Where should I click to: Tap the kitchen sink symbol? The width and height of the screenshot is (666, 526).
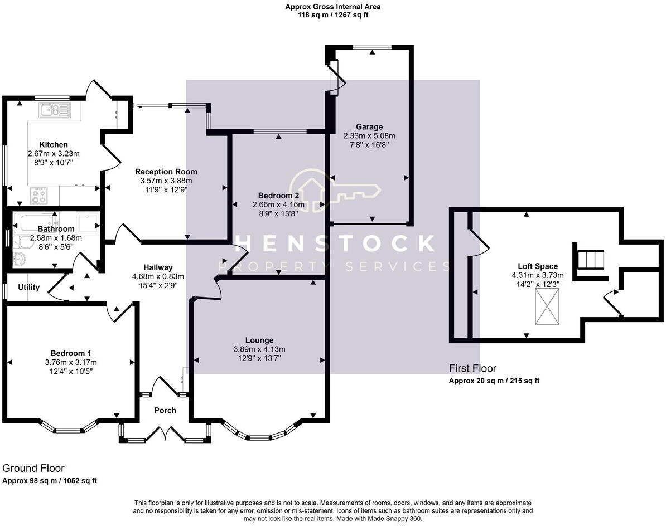click(54, 110)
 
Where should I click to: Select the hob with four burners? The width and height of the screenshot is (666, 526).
click(38, 196)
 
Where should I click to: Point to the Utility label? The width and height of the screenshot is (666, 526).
click(29, 288)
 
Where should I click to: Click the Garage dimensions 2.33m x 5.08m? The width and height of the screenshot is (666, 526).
click(369, 136)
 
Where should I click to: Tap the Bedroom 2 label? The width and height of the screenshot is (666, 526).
click(278, 196)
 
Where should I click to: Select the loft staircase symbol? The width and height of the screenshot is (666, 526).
click(590, 260)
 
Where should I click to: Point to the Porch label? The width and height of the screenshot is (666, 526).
click(165, 411)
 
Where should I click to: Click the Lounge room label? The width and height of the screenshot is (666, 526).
click(259, 340)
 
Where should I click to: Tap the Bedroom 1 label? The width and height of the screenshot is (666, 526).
click(71, 353)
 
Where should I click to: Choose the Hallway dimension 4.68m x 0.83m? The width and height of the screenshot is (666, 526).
click(158, 276)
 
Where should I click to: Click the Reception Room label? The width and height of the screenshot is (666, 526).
click(166, 172)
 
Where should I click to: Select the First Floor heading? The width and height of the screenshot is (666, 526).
click(472, 368)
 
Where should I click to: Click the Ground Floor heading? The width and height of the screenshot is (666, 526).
click(33, 469)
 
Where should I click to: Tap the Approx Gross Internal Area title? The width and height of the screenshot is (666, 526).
click(333, 7)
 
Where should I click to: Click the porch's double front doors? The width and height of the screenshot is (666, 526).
click(165, 434)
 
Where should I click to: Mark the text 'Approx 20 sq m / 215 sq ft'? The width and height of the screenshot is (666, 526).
click(494, 381)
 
